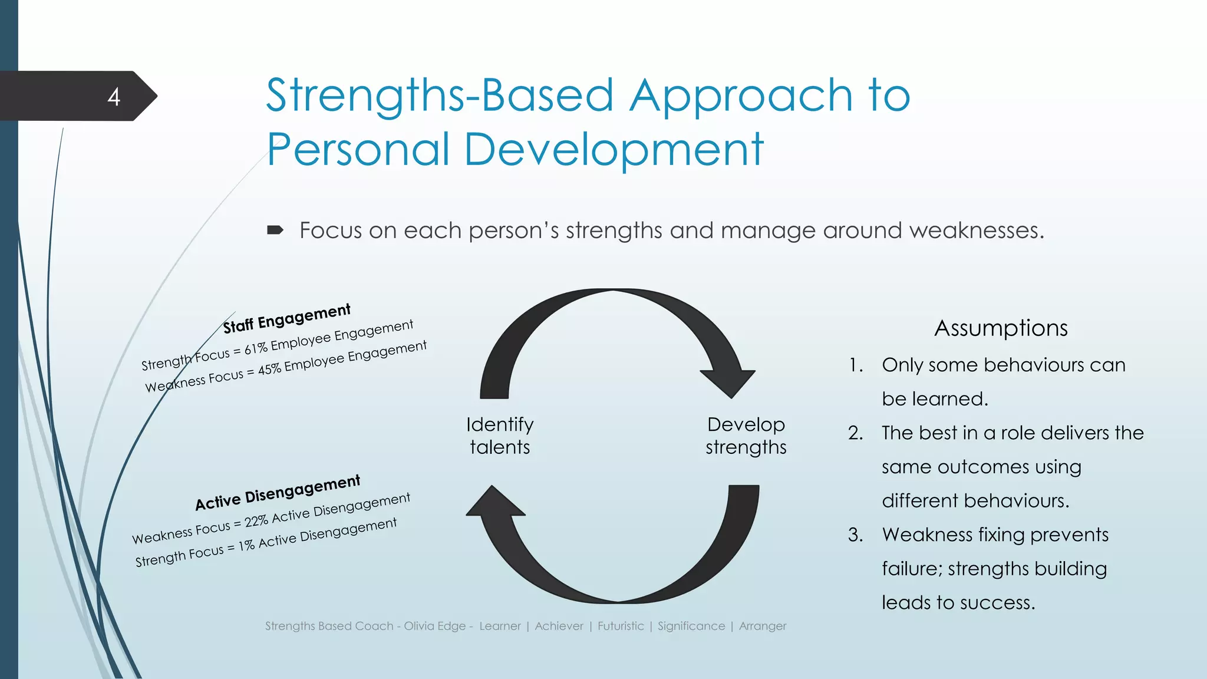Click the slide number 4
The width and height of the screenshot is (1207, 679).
pos(114,97)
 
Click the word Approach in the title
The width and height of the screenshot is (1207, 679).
pos(741,96)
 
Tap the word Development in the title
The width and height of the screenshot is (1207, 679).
pos(614,150)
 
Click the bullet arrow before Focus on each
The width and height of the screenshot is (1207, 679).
pos(275,230)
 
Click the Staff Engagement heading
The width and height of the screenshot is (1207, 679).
pos(287,318)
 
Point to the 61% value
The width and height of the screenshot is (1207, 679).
pos(256,348)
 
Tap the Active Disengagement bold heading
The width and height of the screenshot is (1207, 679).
pos(278,493)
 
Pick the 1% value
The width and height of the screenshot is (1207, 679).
pos(246,545)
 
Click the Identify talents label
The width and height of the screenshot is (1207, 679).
pos(500,436)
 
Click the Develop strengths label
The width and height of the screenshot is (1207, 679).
pos(746,436)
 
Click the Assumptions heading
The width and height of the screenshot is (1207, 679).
pos(1001,328)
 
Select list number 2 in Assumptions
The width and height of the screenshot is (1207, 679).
pos(855,433)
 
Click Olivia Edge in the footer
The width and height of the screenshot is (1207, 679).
pos(434,626)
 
